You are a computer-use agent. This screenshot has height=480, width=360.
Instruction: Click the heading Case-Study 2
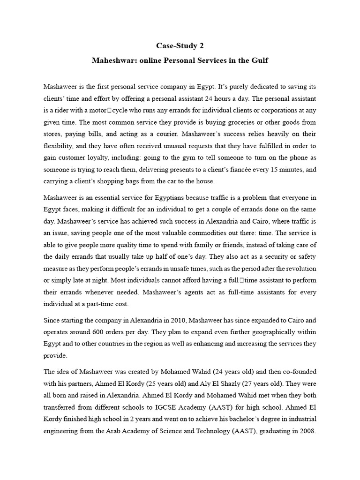(180, 46)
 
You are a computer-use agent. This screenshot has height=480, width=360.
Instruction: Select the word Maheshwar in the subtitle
(113, 61)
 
